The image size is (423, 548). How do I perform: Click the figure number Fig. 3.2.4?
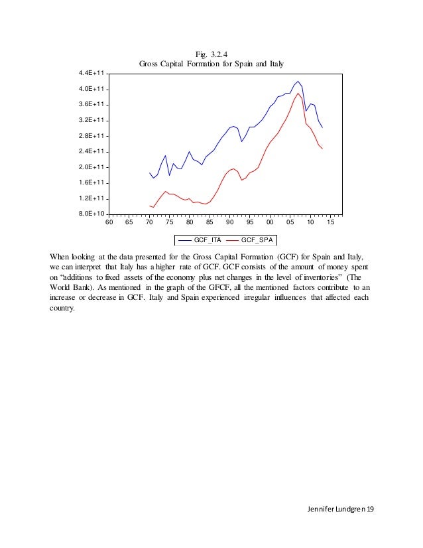(211, 54)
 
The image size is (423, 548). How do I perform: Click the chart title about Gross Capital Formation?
(211, 64)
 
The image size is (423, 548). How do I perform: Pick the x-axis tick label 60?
(109, 223)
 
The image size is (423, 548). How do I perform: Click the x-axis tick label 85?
(210, 223)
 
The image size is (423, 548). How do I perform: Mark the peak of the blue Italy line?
(298, 81)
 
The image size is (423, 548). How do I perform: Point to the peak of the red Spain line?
(298, 94)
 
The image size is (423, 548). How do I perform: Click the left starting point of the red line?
(150, 206)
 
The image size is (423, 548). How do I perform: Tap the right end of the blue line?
(322, 127)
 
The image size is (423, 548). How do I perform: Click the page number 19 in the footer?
(370, 508)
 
